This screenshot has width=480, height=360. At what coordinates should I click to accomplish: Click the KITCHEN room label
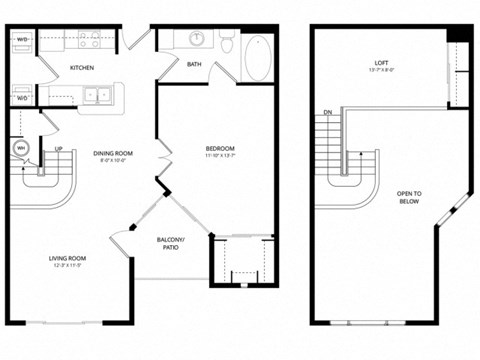pos(82,68)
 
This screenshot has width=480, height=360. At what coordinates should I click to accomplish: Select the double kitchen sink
pos(97,96)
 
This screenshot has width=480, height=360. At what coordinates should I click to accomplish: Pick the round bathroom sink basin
pos(197,39)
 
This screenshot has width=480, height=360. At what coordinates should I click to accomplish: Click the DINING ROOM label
pos(113,153)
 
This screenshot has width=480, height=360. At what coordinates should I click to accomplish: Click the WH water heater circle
pos(19,148)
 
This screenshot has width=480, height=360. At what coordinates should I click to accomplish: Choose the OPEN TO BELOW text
pos(409,197)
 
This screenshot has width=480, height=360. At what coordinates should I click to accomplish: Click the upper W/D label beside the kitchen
pos(22,41)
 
